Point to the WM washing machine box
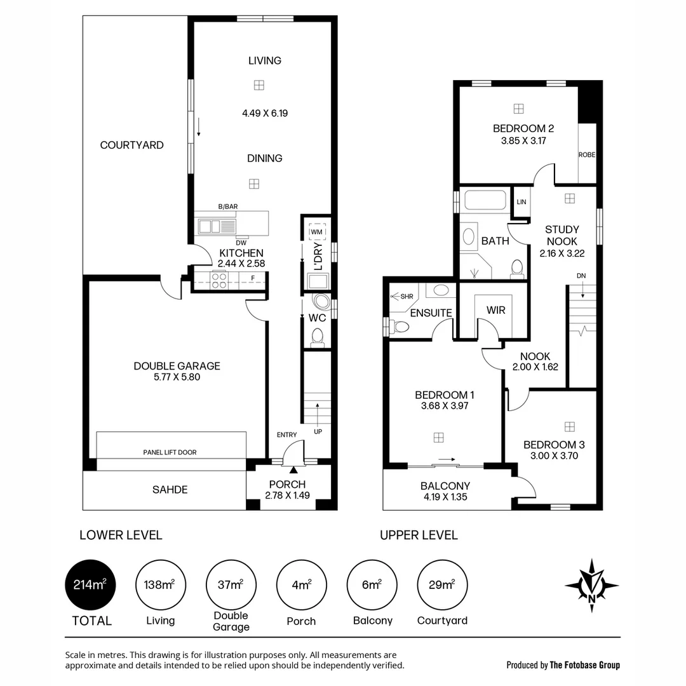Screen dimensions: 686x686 coord(316,232)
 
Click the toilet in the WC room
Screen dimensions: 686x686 coord(318,337)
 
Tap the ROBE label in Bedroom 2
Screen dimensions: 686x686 coord(586,154)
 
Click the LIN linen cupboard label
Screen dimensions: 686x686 coord(521,202)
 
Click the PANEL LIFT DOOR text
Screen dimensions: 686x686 coord(170,452)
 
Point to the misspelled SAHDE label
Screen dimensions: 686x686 coord(170,490)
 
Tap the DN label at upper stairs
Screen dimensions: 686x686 coord(581,276)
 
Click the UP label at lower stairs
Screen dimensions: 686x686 coord(318,431)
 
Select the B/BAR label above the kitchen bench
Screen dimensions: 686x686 coord(227,206)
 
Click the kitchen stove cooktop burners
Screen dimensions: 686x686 coord(219,280)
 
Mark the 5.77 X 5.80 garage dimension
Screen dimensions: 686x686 coord(177,377)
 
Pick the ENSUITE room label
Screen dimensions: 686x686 coord(431,313)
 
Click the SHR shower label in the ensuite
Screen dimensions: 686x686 coord(403,296)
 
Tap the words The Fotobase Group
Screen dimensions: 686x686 coord(584,665)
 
